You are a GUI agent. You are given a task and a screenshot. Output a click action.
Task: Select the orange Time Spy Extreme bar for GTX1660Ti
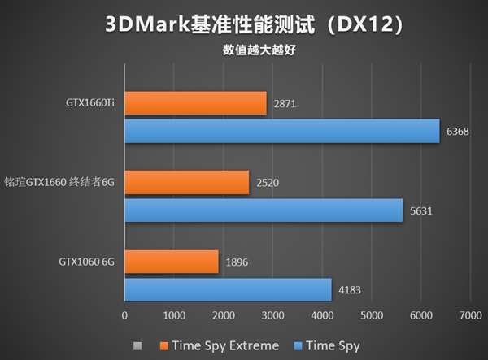coord(195,103)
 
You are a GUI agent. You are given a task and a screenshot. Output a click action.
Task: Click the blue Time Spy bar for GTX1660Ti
coord(281,132)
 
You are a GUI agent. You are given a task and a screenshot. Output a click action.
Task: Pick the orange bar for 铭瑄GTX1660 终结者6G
coord(186,183)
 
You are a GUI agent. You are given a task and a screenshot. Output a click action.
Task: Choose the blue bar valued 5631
coord(264,210)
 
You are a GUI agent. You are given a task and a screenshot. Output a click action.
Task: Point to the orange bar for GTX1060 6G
coord(171,262)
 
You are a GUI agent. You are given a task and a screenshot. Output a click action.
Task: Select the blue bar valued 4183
coord(228,289)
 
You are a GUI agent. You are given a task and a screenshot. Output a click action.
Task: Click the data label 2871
coord(286,105)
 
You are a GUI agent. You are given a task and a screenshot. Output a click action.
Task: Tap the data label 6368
coord(459,132)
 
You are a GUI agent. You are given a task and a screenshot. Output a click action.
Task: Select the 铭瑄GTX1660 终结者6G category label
coord(61,184)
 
